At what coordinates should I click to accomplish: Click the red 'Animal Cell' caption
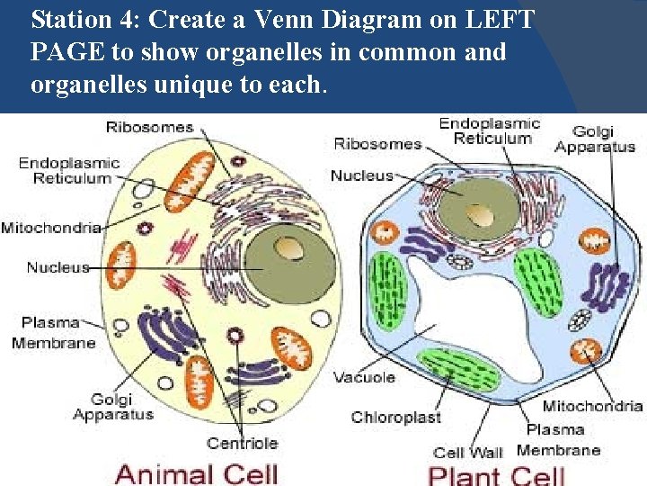pos(197,473)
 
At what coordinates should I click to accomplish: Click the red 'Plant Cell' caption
pos(496,474)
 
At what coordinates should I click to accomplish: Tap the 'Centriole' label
pos(243,443)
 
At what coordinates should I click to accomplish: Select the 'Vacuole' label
pos(364,377)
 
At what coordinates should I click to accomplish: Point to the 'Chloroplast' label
pos(396,417)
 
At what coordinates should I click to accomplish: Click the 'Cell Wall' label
pos(467,452)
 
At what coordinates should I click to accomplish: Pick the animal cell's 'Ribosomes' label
pos(150,127)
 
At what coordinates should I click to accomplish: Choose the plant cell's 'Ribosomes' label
pos(377,144)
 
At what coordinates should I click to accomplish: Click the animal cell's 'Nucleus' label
pos(58,266)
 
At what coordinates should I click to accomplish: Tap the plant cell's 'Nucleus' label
pos(362,175)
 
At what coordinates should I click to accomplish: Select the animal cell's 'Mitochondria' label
pos(50,227)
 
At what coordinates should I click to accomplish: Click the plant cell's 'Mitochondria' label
pos(593,407)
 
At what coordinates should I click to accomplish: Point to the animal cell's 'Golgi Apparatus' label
pos(112,407)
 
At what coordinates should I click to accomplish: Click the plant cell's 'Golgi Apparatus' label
pos(595,139)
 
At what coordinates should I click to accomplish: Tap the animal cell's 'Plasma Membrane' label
pos(53,332)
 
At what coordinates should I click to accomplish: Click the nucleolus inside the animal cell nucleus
pos(289,248)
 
